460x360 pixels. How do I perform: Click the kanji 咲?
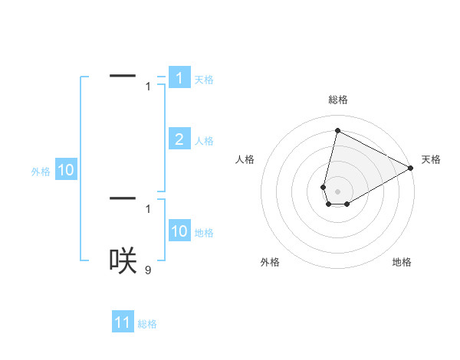click(x=123, y=260)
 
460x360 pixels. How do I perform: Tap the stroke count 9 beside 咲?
click(x=148, y=269)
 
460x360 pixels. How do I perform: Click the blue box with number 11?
click(x=123, y=323)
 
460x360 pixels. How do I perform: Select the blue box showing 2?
click(x=179, y=139)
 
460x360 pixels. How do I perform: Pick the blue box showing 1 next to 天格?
click(x=179, y=77)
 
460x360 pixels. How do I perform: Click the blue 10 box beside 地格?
click(x=179, y=231)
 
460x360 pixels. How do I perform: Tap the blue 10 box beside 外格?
click(x=66, y=171)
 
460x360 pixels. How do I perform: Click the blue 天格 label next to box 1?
click(x=204, y=80)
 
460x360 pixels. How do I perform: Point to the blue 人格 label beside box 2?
click(x=204, y=141)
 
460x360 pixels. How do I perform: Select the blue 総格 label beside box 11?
click(x=147, y=325)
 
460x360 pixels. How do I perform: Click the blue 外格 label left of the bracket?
click(x=41, y=172)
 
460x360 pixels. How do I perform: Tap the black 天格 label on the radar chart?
click(x=431, y=159)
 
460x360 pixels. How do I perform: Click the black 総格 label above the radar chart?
click(x=337, y=100)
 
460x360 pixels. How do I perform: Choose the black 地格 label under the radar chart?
click(x=402, y=262)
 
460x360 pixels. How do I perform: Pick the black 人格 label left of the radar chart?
click(x=245, y=159)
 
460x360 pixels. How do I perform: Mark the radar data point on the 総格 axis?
click(x=337, y=130)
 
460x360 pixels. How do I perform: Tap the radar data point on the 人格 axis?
click(x=324, y=187)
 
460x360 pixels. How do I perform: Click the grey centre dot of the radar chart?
click(x=337, y=191)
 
